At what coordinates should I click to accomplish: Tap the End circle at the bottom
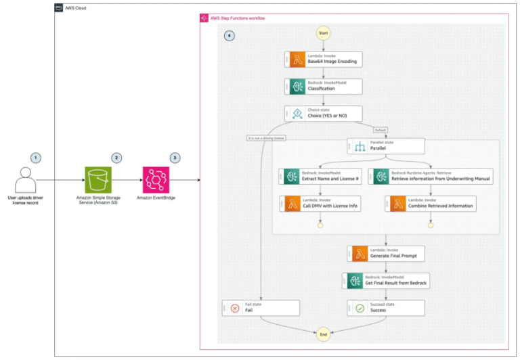[322, 334]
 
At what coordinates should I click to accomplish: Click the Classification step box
[324, 86]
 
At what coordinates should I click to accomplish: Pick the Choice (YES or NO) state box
[324, 114]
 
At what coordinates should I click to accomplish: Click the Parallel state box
[386, 146]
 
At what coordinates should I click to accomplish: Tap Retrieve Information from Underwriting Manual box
[431, 176]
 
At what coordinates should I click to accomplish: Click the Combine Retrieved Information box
[431, 203]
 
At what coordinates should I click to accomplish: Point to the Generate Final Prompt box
[386, 254]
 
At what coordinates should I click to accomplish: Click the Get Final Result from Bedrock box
[386, 280]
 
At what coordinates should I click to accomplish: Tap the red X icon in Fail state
[235, 308]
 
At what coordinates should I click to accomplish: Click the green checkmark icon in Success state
[360, 308]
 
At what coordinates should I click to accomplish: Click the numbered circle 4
[229, 36]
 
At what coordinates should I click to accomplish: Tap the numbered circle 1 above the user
[36, 157]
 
